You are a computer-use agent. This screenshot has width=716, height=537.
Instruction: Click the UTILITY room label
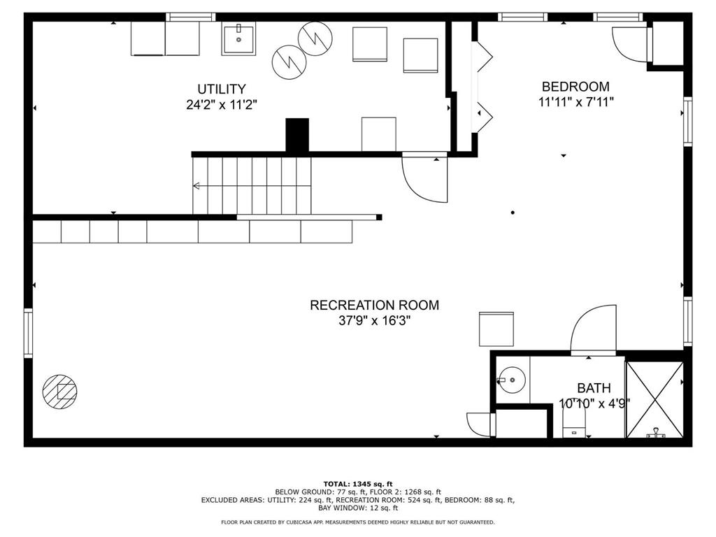tap(222, 89)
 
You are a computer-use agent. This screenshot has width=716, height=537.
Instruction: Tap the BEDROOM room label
tap(575, 86)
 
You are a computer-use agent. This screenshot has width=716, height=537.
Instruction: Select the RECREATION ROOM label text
tap(375, 305)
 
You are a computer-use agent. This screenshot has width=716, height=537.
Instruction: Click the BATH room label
tap(594, 387)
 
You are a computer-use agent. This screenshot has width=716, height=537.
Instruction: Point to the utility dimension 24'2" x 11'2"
tap(222, 105)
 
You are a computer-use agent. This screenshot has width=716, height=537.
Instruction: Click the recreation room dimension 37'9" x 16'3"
tap(375, 320)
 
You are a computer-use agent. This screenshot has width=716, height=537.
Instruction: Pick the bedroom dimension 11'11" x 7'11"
tap(575, 102)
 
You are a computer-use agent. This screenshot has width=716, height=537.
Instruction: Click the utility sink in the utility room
tap(238, 39)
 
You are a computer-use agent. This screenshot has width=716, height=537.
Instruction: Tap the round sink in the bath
tap(511, 380)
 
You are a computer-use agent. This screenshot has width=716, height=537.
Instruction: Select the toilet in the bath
tap(574, 422)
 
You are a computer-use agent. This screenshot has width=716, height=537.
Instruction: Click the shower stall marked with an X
tap(654, 399)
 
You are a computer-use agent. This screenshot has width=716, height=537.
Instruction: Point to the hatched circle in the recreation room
tap(60, 392)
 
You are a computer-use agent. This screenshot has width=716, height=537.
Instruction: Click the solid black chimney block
tap(297, 135)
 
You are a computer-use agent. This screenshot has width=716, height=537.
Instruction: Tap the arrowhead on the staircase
tap(196, 186)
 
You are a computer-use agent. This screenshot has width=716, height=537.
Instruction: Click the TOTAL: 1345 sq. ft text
tap(358, 484)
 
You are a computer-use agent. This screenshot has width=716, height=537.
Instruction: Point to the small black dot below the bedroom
tap(513, 213)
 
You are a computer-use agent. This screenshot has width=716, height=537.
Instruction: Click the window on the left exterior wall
tap(28, 333)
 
